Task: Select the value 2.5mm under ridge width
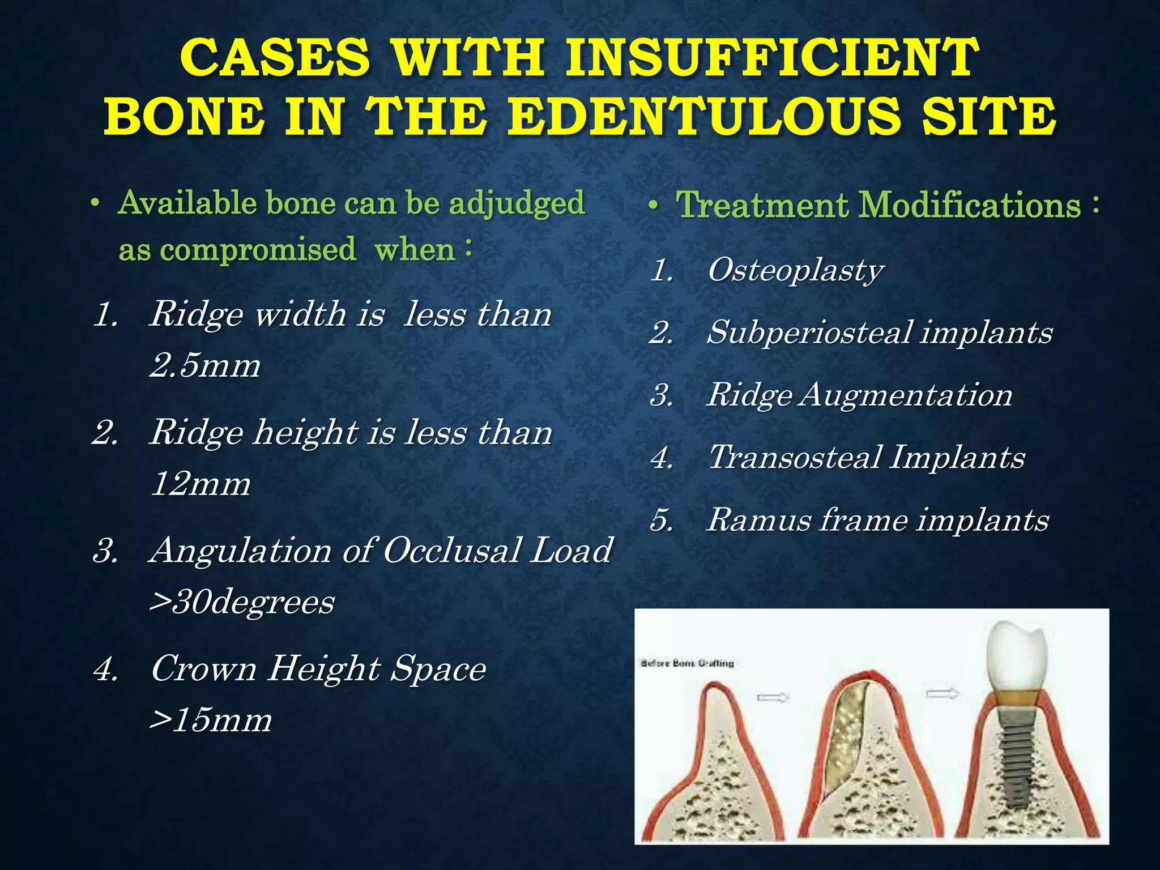point(205,365)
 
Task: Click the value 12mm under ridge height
point(201,484)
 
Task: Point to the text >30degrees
point(242,602)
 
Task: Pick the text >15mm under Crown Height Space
point(210,720)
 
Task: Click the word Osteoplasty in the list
point(795,270)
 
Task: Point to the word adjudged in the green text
point(516,203)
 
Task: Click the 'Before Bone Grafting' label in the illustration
point(686,663)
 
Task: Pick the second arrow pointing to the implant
point(942,694)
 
